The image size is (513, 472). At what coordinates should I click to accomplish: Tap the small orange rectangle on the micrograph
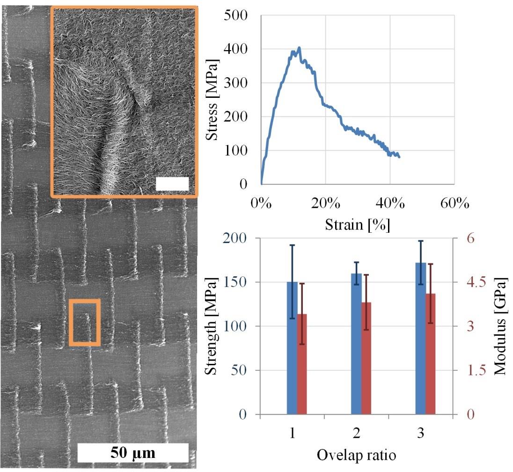click(84, 323)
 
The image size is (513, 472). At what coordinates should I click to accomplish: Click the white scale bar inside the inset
click(172, 184)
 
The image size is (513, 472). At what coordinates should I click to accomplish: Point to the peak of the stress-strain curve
click(299, 48)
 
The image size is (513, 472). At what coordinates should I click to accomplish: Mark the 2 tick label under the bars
click(357, 434)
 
